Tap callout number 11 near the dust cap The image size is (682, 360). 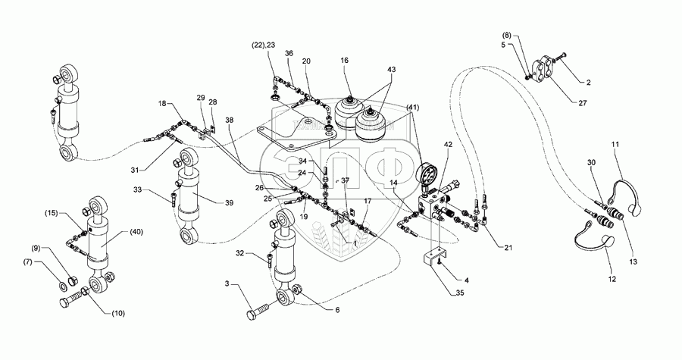click(x=615, y=143)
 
